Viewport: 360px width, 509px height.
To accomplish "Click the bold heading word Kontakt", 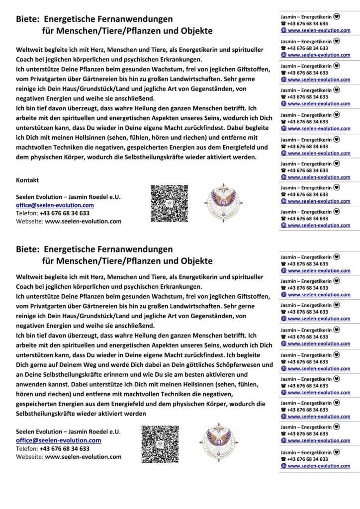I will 27,180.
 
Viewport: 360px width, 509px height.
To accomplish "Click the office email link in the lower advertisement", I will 59,440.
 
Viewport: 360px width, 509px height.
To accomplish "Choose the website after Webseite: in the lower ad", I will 83,456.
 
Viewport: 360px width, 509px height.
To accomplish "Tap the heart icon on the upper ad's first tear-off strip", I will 337,16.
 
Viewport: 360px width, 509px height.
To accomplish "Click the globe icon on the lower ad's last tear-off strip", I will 283,466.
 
